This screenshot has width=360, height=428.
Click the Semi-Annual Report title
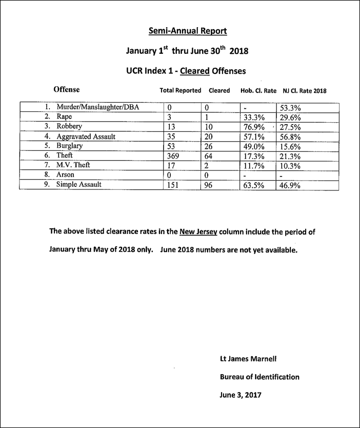[x=188, y=31]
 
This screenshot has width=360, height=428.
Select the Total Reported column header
[x=181, y=91]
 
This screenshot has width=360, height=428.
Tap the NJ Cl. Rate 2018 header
[x=305, y=91]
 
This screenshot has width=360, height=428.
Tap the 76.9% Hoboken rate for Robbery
[x=254, y=127]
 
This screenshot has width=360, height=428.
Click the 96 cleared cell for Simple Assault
[x=208, y=185]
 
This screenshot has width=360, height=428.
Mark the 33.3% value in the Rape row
[x=254, y=117]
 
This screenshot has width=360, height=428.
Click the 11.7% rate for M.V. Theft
[x=254, y=166]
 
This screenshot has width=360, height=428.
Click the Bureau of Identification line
[x=259, y=377]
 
